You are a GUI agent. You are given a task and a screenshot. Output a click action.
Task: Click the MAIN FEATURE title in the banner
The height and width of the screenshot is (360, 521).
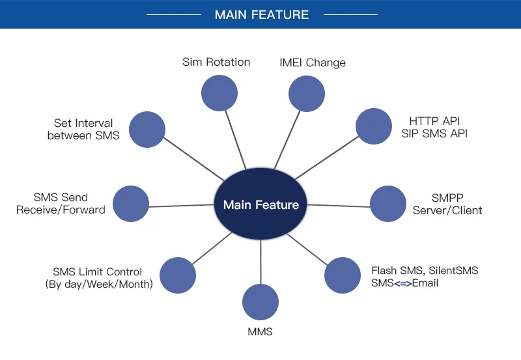coord(262,14)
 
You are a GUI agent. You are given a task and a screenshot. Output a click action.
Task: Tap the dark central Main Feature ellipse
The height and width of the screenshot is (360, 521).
coord(260,204)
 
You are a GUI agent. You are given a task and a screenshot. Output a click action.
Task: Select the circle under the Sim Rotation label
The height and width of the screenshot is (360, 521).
coord(219,93)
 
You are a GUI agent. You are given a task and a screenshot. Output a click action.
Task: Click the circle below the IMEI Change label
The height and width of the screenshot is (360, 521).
coord(307,94)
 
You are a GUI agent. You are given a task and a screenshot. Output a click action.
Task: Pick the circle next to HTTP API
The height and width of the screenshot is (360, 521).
coord(374,126)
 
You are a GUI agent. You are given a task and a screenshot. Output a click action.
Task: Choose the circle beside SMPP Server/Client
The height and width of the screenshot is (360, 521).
coord(388,204)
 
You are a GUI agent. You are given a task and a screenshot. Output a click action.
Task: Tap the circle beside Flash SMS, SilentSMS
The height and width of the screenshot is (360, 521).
coord(343,275)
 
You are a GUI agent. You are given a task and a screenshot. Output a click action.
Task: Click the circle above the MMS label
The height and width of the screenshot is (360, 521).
coord(260,302)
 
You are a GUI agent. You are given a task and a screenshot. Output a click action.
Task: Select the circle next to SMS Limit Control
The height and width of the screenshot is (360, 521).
coord(178,275)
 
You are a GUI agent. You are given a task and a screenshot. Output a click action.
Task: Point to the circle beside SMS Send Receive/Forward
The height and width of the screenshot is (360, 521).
coord(131,204)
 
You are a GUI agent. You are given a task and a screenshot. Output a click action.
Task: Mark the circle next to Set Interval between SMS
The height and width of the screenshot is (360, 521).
coord(147,130)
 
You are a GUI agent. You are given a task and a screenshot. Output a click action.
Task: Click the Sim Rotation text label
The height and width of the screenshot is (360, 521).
coord(216,62)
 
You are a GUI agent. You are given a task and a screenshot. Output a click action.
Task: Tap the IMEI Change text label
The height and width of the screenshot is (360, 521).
coord(313,62)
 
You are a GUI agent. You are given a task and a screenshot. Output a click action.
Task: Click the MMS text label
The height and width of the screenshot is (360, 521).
coord(260,332)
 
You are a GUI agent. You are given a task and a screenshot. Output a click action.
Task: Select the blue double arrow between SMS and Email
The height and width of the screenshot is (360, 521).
coord(402,284)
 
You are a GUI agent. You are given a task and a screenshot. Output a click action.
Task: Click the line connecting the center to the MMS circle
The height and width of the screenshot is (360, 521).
coord(261,262)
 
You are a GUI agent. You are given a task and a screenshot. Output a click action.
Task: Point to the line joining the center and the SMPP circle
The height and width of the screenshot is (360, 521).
coord(339,206)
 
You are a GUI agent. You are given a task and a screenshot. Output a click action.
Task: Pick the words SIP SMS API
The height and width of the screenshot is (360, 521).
coord(434,133)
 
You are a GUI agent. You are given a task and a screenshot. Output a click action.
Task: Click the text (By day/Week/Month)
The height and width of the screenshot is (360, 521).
coord(99,284)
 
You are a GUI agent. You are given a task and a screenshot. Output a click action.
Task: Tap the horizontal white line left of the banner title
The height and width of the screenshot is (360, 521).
coord(174,14)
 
